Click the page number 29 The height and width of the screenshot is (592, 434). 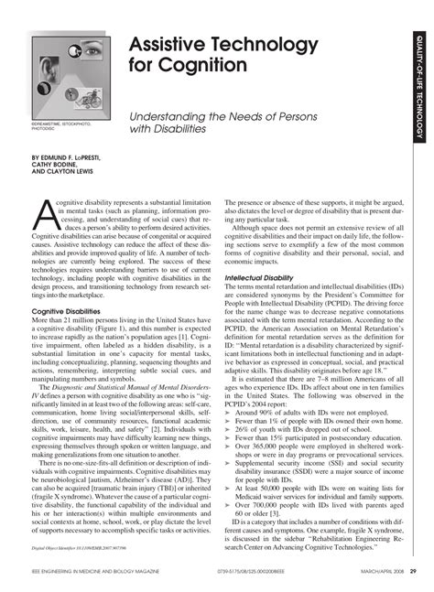click(x=414, y=573)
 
